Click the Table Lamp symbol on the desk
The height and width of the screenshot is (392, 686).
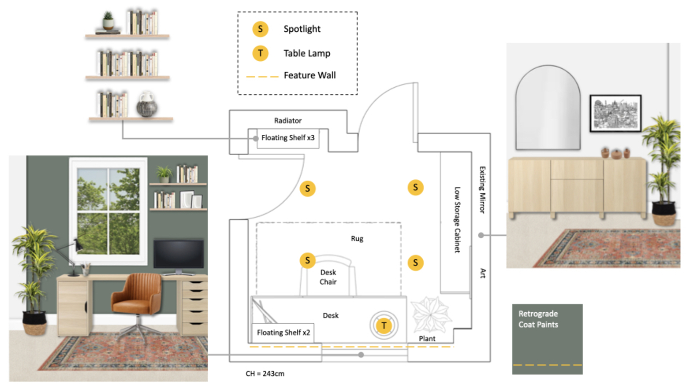[x=384, y=325]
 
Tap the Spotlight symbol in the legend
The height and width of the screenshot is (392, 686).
[x=260, y=29]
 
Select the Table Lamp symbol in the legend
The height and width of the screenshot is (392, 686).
[x=260, y=53]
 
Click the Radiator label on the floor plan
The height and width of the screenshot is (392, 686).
[x=287, y=121]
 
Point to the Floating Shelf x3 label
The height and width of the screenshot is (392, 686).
[x=287, y=138]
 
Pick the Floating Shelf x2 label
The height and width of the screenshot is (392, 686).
[x=283, y=333]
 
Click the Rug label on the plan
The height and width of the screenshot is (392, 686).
[x=357, y=239]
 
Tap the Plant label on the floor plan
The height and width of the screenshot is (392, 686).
[x=427, y=339]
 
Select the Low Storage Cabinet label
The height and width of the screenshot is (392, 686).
[x=457, y=220]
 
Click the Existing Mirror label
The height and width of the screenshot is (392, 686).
[x=482, y=190]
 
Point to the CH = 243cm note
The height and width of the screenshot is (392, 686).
[x=265, y=374]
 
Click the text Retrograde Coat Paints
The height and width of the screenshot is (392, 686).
[x=538, y=319]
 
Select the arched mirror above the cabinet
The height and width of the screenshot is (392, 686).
[x=548, y=108]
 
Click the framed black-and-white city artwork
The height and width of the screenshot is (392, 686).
[x=615, y=113]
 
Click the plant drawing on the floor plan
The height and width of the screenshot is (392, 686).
[x=431, y=314]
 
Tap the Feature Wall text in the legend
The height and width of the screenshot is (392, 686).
[x=309, y=76]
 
